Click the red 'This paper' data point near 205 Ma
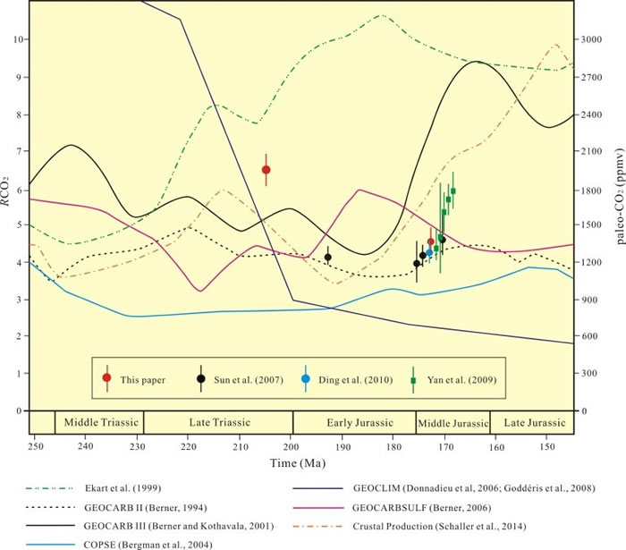point(266,169)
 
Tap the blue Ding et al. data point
point(429,253)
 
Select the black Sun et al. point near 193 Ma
point(327,258)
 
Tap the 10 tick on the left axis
point(19,39)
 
